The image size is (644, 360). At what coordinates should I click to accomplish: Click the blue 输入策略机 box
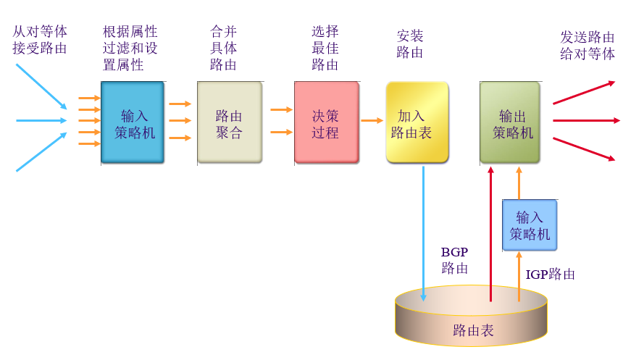point(133,122)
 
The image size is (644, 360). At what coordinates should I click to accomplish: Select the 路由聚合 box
point(229,122)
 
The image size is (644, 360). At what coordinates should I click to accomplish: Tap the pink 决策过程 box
point(326,122)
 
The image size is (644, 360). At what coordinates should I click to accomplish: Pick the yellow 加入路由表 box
point(417,122)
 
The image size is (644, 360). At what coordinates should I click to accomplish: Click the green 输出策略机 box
point(510,122)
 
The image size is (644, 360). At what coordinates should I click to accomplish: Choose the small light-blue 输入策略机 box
point(530,225)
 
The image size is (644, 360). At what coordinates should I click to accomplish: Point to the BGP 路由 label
point(455,260)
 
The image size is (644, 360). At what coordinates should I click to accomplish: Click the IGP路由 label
point(551,275)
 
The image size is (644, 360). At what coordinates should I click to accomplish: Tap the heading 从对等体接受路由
point(40,41)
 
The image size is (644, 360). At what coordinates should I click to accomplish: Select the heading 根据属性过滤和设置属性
point(130,48)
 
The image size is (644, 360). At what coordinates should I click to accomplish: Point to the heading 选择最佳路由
point(325,48)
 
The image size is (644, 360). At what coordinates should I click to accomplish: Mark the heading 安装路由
point(410,43)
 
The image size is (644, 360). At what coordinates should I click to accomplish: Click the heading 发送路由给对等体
point(587,45)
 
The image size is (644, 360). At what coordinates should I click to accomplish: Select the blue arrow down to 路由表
point(423,232)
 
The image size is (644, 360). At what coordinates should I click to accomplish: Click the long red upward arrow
point(490,232)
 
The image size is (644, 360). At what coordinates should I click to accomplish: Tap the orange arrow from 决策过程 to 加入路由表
point(372,120)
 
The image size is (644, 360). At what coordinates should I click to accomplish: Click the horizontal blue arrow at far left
point(41,120)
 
